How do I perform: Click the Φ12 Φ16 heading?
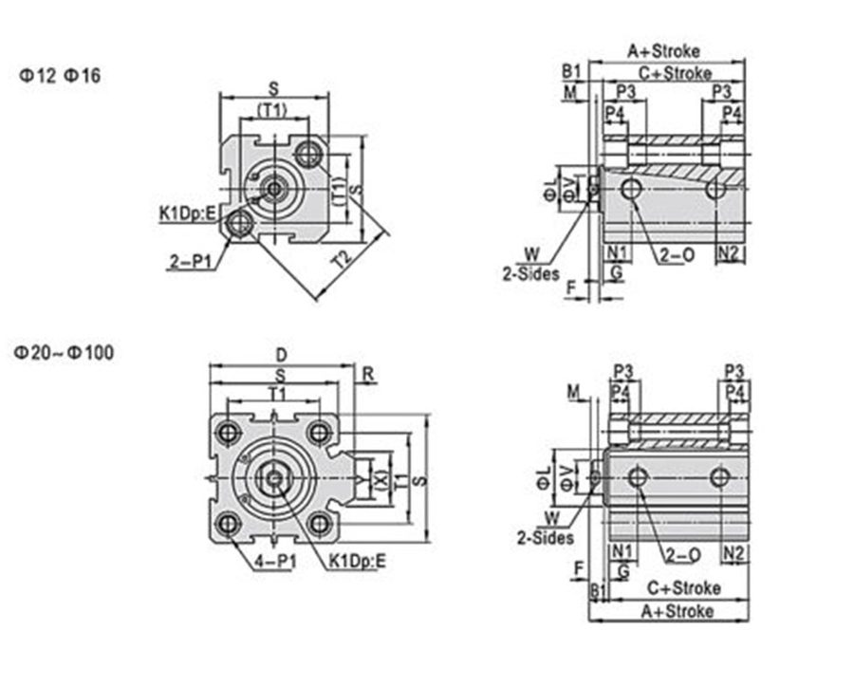[x=60, y=75]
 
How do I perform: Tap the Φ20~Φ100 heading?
[x=64, y=353]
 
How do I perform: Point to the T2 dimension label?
[x=343, y=259]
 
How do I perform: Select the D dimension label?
[x=281, y=356]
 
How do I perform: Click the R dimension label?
[x=368, y=375]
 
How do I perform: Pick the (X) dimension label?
[x=381, y=479]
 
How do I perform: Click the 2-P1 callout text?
[x=190, y=262]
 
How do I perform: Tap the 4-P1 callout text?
[x=275, y=561]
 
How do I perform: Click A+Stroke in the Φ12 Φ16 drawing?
[x=663, y=51]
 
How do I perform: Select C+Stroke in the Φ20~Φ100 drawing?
[x=684, y=588]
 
